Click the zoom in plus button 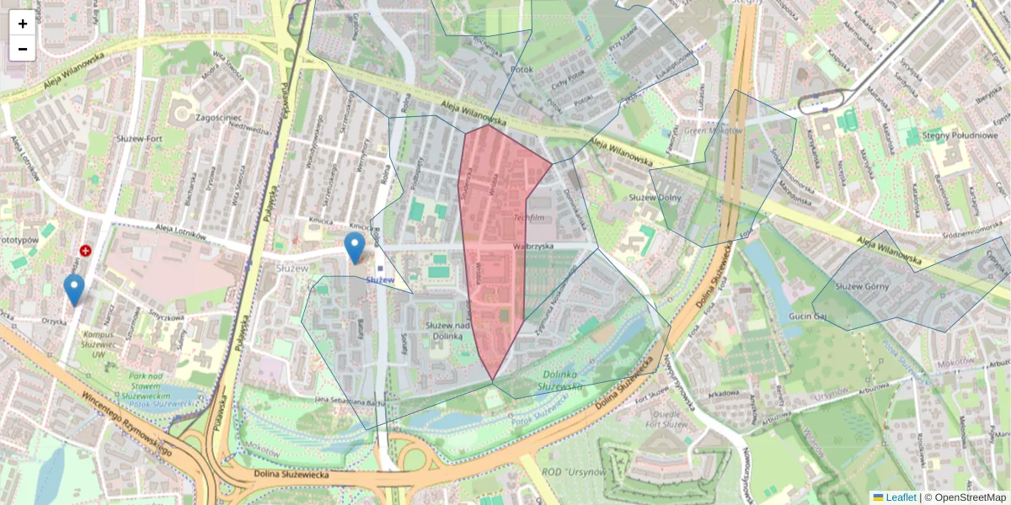(x=23, y=24)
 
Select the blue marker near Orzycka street (x=74, y=289)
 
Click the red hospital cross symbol (x=85, y=251)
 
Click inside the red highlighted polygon (x=493, y=252)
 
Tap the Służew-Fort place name (x=140, y=139)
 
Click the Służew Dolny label (x=655, y=197)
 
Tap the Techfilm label (x=530, y=217)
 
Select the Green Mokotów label (x=713, y=130)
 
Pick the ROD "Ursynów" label (x=575, y=472)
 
